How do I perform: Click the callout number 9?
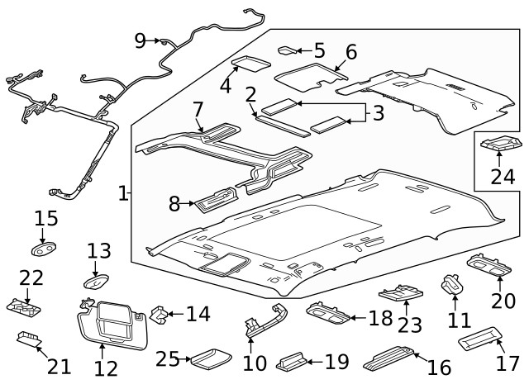tap(140, 40)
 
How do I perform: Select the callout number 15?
tap(46, 219)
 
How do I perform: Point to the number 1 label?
tap(123, 194)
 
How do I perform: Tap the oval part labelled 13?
tap(97, 280)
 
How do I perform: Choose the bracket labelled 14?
tap(157, 314)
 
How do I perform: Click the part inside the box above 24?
tap(500, 145)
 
